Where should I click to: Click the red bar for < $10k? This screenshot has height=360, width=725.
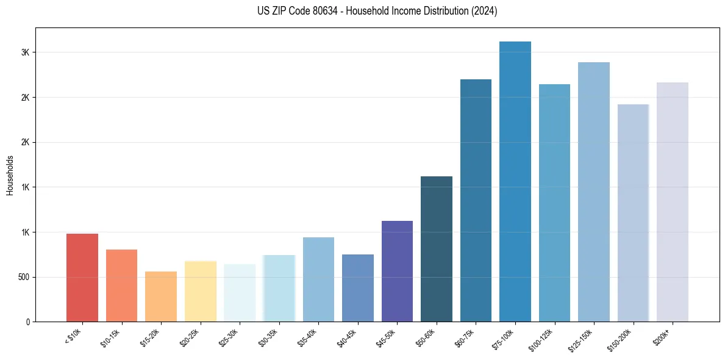tap(82, 278)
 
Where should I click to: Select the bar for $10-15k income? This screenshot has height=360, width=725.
tap(121, 286)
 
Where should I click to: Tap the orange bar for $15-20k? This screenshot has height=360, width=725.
tap(161, 297)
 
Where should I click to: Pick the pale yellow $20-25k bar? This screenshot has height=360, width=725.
tap(201, 291)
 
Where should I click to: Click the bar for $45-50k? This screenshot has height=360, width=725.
tap(397, 271)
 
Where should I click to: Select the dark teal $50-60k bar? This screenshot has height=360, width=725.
tap(437, 249)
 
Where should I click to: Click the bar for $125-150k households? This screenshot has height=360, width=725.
tap(594, 192)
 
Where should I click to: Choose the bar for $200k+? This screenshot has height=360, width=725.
tap(673, 202)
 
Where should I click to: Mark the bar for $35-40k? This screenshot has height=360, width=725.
tap(318, 279)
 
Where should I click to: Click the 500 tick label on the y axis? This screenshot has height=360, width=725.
tap(23, 277)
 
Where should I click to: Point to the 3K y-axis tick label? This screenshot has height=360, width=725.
tap(25, 52)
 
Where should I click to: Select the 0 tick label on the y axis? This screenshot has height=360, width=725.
tap(28, 322)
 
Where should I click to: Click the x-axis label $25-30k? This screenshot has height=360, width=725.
tap(229, 337)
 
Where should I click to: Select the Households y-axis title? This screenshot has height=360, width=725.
tap(10, 175)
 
